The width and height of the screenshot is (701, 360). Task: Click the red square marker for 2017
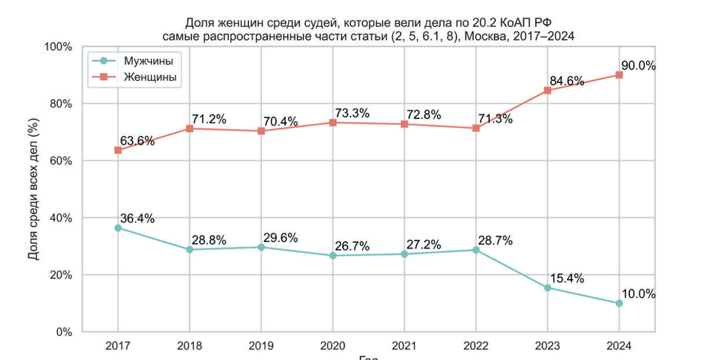click(118, 150)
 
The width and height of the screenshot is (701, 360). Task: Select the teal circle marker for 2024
click(619, 303)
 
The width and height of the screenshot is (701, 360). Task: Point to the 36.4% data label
click(137, 219)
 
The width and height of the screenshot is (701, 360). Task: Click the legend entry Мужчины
click(148, 61)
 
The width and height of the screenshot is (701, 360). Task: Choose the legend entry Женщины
click(150, 77)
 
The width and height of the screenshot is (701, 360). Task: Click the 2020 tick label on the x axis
click(333, 345)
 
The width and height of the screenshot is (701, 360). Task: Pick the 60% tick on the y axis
click(59, 161)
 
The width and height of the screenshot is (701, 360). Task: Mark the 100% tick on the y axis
click(57, 47)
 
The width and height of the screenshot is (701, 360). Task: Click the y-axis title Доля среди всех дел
click(34, 189)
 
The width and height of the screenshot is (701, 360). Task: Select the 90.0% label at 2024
click(639, 66)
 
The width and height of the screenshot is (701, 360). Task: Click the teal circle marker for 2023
click(547, 288)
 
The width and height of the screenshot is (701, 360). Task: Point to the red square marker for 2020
click(333, 122)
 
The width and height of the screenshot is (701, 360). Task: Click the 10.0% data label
click(639, 294)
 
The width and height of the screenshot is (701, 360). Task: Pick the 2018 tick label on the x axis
click(189, 345)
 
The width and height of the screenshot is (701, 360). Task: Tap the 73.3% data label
click(352, 113)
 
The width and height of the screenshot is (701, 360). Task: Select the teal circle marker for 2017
click(118, 228)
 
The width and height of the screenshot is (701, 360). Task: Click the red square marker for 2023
click(547, 90)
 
